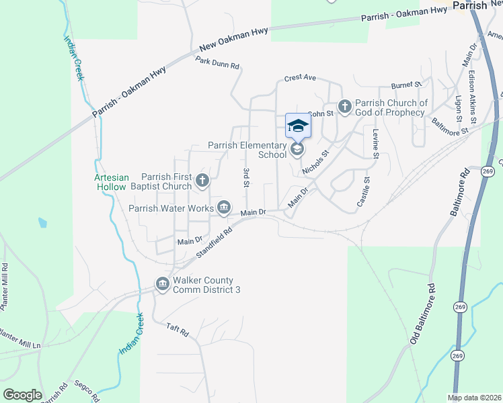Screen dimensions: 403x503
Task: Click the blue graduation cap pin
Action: [x=298, y=126]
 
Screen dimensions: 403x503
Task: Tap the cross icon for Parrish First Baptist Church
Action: [x=202, y=180]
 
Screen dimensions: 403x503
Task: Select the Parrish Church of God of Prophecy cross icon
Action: [x=344, y=106]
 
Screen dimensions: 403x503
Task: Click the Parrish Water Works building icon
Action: [x=224, y=208]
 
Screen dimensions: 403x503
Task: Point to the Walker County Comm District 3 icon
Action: [x=162, y=285]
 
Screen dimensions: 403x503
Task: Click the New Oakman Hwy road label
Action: [x=233, y=40]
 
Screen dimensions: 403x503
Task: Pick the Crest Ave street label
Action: [x=300, y=78]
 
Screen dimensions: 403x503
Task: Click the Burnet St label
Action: [x=407, y=86]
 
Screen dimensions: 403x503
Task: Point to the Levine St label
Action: [x=376, y=143]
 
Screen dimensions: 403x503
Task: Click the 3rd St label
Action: [x=246, y=177]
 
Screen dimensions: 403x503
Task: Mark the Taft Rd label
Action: [x=178, y=330]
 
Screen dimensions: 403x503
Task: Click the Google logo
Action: [x=22, y=395]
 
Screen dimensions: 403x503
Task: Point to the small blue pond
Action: [x=43, y=221]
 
